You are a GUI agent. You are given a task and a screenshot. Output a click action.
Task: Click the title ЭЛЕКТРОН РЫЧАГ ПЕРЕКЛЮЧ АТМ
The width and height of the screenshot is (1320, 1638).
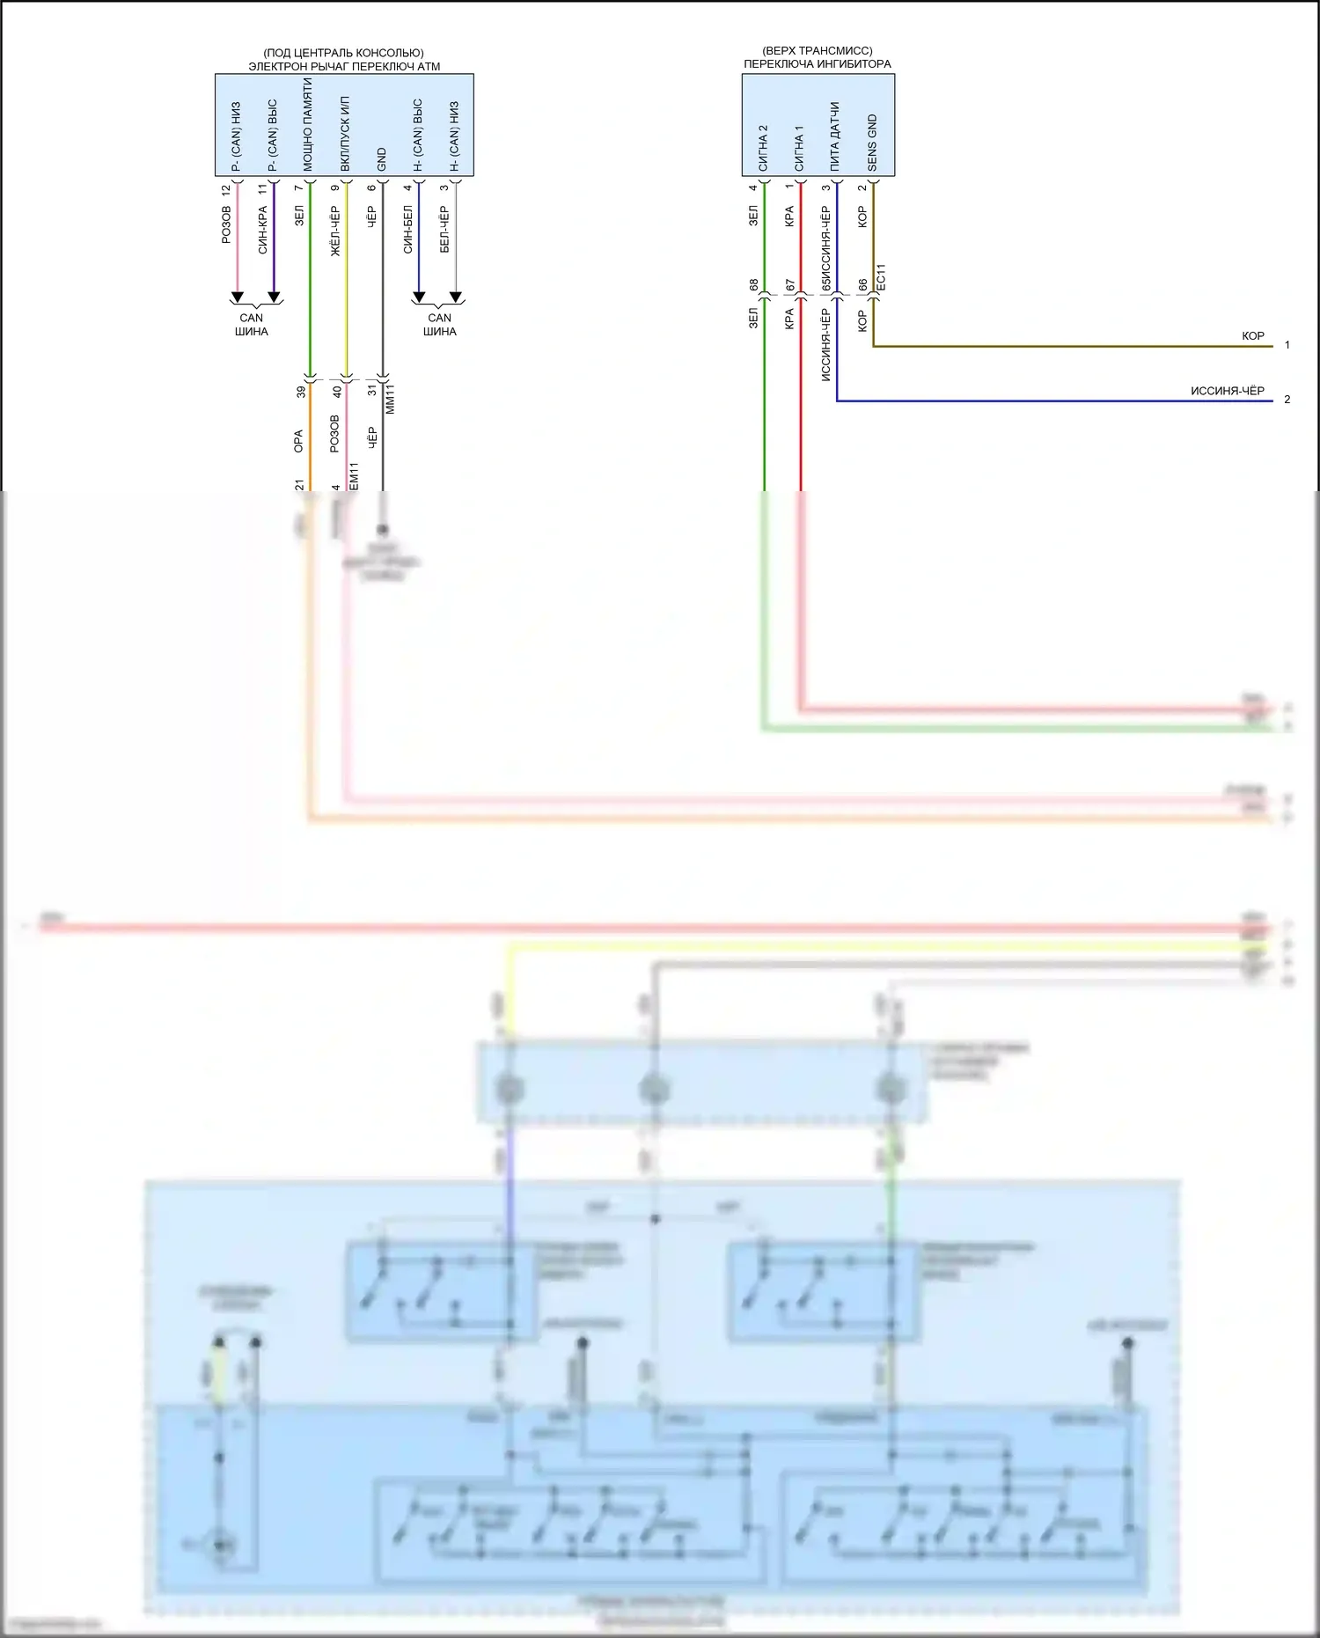pyautogui.click(x=344, y=66)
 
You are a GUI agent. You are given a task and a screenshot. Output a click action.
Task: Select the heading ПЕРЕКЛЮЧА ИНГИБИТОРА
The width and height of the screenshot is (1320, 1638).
pyautogui.click(x=817, y=63)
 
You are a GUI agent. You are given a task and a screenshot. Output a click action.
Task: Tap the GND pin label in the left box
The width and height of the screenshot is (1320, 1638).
pyautogui.click(x=381, y=158)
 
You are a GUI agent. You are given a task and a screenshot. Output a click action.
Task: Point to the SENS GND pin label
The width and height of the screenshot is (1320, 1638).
pyautogui.click(x=872, y=142)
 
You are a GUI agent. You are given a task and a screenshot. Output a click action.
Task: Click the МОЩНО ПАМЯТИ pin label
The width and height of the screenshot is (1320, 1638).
pyautogui.click(x=308, y=124)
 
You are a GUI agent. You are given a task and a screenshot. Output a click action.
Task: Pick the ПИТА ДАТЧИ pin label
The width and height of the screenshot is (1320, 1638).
pyautogui.click(x=834, y=136)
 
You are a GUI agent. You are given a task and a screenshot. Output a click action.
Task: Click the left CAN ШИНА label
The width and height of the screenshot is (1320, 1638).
pyautogui.click(x=252, y=325)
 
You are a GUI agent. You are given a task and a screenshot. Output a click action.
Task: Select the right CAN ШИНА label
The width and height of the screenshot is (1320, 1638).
pyautogui.click(x=439, y=325)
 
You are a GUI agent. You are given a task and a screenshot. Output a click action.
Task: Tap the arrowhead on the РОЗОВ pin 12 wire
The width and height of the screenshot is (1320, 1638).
pyautogui.click(x=237, y=297)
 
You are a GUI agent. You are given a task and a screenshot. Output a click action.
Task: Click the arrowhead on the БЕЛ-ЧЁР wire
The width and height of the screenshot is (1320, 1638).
pyautogui.click(x=455, y=297)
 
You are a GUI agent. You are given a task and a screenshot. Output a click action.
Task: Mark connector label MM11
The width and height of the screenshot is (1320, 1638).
pyautogui.click(x=390, y=399)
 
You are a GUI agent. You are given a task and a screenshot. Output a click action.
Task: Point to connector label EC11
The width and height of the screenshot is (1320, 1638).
pyautogui.click(x=881, y=277)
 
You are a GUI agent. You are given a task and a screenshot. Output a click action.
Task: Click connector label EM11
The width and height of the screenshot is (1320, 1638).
pyautogui.click(x=354, y=476)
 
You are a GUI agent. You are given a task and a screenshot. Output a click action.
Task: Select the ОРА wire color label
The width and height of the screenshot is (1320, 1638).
pyautogui.click(x=298, y=441)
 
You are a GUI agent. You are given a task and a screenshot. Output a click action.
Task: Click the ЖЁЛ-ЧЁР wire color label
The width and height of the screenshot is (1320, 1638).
pyautogui.click(x=335, y=231)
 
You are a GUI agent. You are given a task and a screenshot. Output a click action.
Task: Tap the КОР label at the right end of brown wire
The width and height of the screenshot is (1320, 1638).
pyautogui.click(x=1252, y=335)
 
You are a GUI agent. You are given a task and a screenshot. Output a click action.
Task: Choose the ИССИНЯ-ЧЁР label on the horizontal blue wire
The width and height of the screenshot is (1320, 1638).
pyautogui.click(x=1227, y=391)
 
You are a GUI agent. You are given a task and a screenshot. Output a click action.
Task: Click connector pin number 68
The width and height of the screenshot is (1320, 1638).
pyautogui.click(x=753, y=285)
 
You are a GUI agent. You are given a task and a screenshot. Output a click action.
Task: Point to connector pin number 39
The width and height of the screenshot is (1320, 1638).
pyautogui.click(x=301, y=392)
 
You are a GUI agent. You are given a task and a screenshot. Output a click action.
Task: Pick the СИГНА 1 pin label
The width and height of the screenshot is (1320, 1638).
pyautogui.click(x=799, y=148)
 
